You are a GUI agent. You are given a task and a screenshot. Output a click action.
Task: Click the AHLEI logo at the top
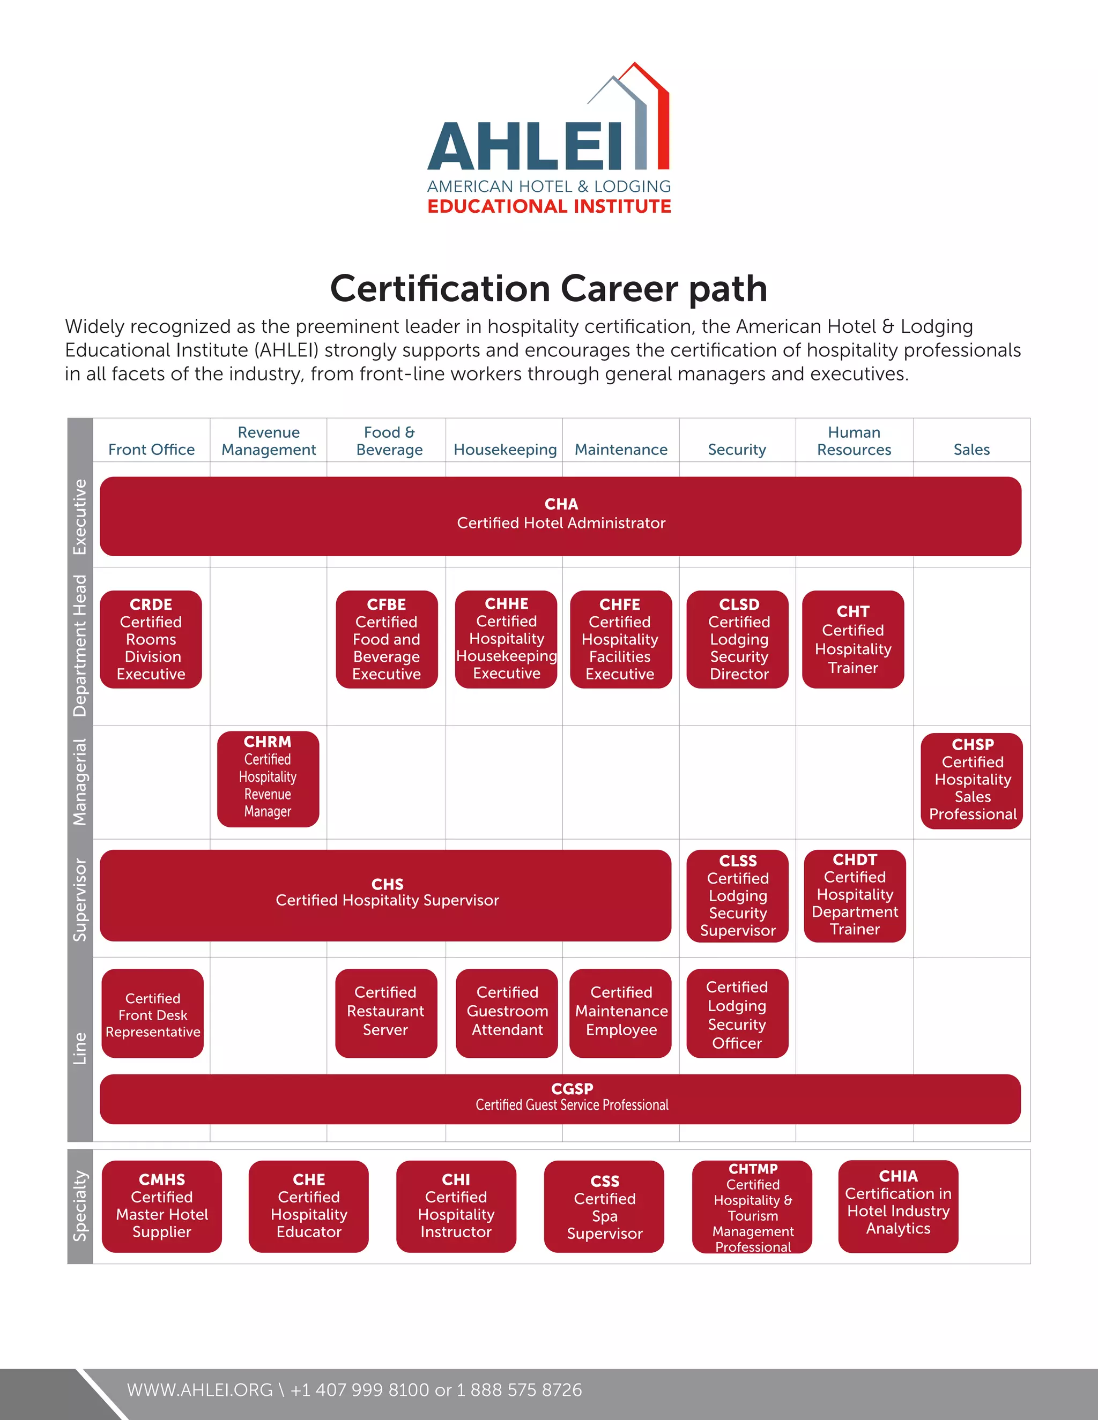549,140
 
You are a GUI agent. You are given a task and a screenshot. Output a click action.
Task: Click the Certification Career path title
548,288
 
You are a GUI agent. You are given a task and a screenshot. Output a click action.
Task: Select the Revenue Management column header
268,441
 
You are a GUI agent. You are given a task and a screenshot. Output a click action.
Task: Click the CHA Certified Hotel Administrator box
560,515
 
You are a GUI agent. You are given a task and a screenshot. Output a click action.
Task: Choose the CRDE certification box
151,639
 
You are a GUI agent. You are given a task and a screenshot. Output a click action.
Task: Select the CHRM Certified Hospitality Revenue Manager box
268,779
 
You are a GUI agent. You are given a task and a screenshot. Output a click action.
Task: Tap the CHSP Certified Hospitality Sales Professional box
972,780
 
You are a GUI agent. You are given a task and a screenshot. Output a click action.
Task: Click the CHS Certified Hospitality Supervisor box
385,895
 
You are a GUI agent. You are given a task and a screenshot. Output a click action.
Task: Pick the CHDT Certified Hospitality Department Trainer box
854,895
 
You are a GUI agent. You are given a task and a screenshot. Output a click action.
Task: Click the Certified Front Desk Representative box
153,1014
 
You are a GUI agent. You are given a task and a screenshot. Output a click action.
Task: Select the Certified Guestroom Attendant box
507,1013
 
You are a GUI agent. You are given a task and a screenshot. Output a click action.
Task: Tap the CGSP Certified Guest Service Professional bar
560,1099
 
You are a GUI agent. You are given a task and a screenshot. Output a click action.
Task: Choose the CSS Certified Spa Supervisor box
604,1207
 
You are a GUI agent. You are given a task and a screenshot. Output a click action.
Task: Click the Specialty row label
80,1207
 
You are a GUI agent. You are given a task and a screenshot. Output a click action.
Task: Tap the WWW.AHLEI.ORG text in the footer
199,1389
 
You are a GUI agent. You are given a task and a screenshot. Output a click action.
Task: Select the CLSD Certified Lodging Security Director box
738,639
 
